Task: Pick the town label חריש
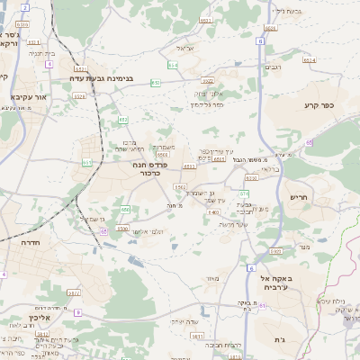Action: pyautogui.click(x=298, y=196)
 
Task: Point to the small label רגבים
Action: pyautogui.click(x=271, y=67)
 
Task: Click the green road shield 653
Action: pyautogui.click(x=157, y=83)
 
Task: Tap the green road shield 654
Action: pyautogui.click(x=172, y=65)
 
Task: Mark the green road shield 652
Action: pyautogui.click(x=122, y=119)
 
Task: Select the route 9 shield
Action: pyautogui.click(x=77, y=312)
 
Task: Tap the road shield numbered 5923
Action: pyautogui.click(x=275, y=251)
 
